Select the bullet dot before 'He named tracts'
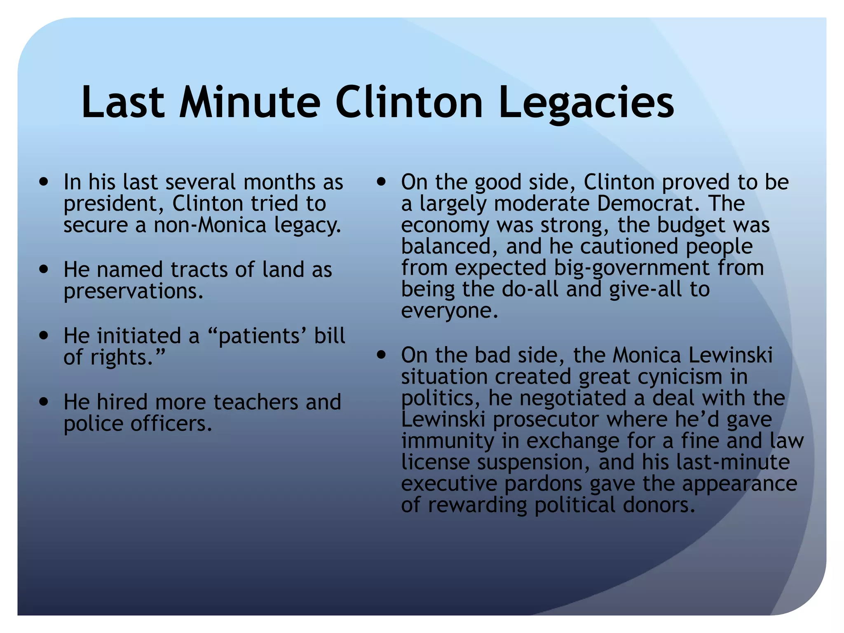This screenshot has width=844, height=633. click(44, 270)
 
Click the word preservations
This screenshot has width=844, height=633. click(134, 291)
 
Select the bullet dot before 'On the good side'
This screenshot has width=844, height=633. click(382, 182)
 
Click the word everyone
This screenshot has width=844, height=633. click(449, 311)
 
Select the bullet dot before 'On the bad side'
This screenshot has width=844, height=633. click(382, 355)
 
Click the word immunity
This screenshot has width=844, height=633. click(448, 441)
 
